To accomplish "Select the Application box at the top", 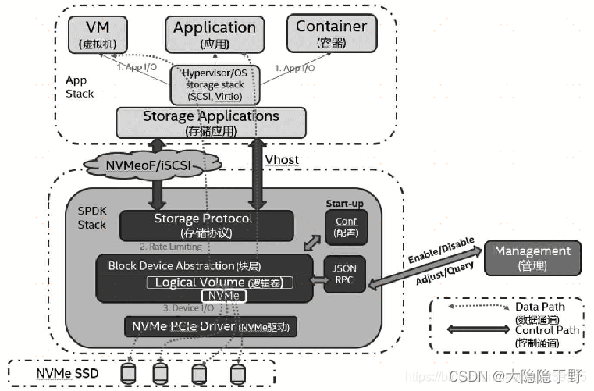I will point(214,34).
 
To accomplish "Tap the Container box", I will point(331,34).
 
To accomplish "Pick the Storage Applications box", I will point(211,122).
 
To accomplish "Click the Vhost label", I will point(282,160).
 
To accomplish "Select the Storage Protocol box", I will point(204,225).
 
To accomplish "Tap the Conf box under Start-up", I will point(346,227).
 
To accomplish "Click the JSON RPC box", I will point(344,275).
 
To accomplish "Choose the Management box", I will point(533,258).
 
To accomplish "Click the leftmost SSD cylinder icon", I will point(127,374).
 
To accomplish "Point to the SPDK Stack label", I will point(92,219).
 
